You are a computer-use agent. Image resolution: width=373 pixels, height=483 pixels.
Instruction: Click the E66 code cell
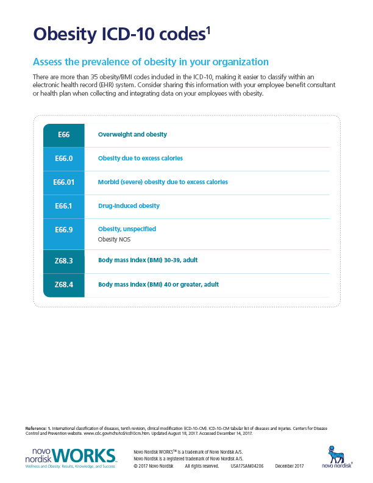click(63, 134)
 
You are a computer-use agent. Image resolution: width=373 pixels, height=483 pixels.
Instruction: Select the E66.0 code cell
click(63, 158)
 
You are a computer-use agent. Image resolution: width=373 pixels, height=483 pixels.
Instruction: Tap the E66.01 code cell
click(63, 182)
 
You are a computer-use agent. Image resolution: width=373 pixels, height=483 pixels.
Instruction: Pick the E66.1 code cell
click(63, 206)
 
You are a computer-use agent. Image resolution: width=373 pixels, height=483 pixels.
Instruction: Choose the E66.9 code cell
click(63, 229)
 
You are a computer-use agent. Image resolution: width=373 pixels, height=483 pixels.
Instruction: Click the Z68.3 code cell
click(63, 260)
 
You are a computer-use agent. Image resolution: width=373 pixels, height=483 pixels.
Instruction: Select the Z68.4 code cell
click(63, 284)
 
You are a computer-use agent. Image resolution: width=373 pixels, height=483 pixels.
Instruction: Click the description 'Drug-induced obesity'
click(129, 206)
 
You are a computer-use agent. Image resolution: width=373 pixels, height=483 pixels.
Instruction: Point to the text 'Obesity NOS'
click(114, 240)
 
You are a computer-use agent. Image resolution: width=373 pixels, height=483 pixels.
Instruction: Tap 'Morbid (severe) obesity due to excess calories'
click(163, 182)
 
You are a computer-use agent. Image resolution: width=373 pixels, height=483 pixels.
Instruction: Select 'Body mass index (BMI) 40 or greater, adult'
click(158, 284)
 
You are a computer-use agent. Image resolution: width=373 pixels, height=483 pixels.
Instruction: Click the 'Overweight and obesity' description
click(132, 134)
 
